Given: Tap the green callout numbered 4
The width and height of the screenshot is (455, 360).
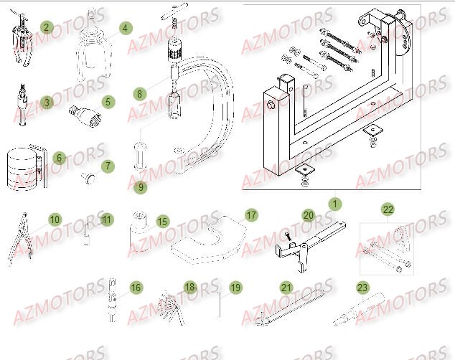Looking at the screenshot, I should (x=126, y=28).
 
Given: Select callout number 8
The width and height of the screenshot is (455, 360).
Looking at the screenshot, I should (x=140, y=93).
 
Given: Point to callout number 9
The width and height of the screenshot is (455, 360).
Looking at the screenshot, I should (x=141, y=188).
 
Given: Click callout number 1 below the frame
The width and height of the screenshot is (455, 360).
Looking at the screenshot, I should (x=333, y=204).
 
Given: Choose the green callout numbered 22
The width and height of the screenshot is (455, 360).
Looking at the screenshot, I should (x=388, y=209).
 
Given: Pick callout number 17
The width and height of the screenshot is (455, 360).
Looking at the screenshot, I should (x=251, y=215).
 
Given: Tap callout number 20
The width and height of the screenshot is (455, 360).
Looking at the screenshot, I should (x=308, y=215).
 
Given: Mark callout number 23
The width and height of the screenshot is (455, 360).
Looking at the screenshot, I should (x=362, y=288).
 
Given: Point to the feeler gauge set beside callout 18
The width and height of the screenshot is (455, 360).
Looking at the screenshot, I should (x=169, y=301).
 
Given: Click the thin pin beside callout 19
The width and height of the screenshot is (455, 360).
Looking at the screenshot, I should (x=220, y=301).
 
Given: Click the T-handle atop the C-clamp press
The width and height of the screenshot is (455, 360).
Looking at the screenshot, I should (x=174, y=13).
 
